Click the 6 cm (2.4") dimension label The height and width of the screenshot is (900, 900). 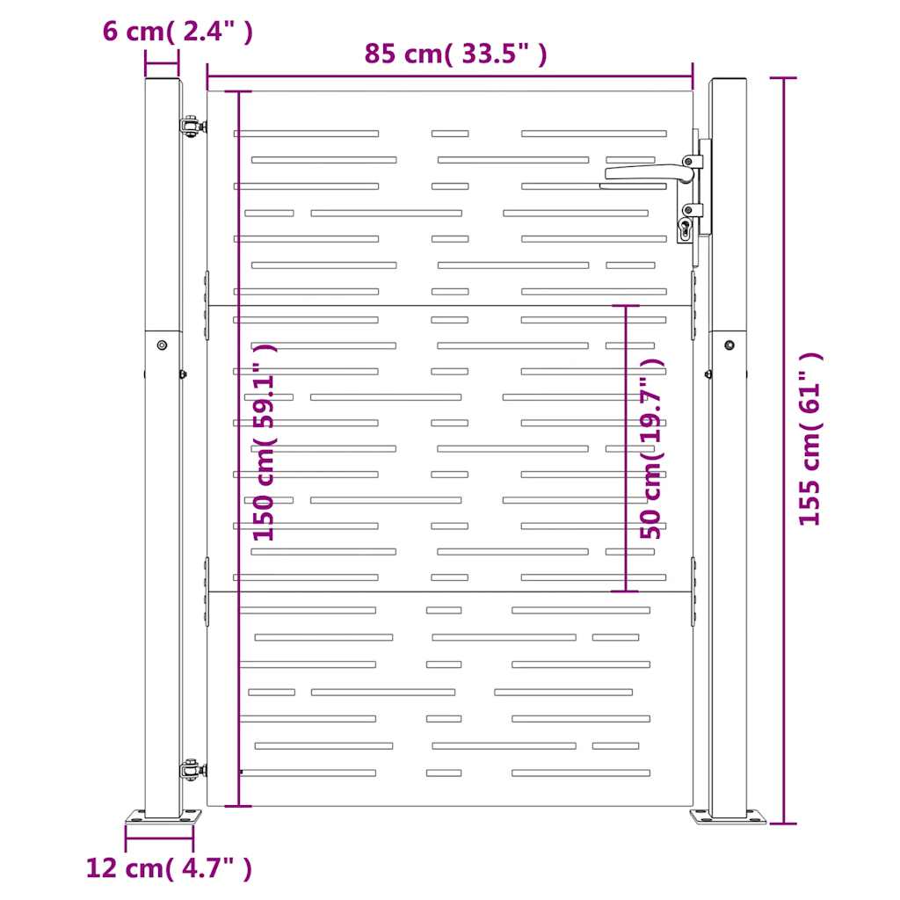click(x=178, y=31)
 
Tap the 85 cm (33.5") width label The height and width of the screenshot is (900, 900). click(x=456, y=54)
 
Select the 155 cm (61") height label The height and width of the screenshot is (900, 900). click(x=810, y=439)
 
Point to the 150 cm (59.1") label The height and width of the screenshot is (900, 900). click(x=265, y=443)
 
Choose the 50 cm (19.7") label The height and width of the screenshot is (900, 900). click(x=651, y=449)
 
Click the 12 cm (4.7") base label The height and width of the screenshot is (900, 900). click(x=169, y=867)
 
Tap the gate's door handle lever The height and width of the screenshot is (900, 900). click(x=649, y=172)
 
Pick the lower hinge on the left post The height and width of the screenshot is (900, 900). click(x=192, y=768)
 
